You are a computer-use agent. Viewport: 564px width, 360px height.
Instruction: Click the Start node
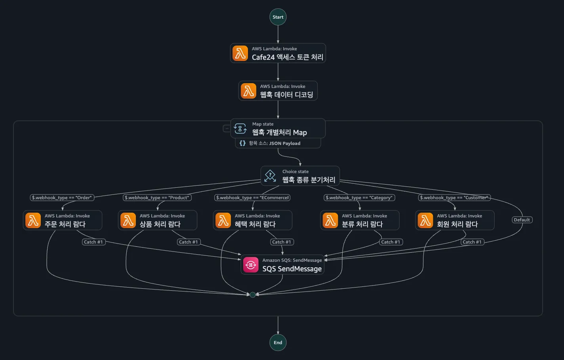(x=278, y=17)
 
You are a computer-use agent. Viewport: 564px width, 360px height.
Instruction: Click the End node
(x=278, y=343)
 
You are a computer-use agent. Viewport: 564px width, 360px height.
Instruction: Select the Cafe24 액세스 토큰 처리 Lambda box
(x=278, y=53)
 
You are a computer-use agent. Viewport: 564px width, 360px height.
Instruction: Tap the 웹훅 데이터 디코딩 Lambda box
(x=278, y=91)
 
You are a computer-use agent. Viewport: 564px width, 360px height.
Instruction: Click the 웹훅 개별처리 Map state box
(x=278, y=128)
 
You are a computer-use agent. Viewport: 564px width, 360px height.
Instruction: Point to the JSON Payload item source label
(x=278, y=143)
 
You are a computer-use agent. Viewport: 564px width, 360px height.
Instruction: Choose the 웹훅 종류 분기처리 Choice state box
(x=300, y=176)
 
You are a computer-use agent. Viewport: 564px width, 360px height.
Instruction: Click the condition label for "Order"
(x=62, y=198)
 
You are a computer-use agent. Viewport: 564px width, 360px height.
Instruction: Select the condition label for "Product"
(x=157, y=198)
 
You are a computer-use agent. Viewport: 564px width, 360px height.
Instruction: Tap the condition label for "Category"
(x=359, y=198)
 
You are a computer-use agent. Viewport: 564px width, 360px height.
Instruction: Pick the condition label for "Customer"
(x=454, y=198)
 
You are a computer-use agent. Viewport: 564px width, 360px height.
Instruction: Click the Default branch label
(x=522, y=220)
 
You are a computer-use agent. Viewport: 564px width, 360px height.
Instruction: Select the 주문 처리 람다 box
(x=63, y=220)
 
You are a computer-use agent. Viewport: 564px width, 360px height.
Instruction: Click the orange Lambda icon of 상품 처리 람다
(x=128, y=220)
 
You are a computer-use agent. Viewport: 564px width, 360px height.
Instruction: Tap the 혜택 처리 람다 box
(x=253, y=220)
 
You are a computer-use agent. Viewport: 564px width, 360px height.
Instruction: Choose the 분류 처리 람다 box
(x=360, y=220)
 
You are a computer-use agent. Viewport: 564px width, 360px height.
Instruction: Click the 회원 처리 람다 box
(x=455, y=220)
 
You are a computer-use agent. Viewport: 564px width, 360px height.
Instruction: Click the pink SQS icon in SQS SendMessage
(x=251, y=265)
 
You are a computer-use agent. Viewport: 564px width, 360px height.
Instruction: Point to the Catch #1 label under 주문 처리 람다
(x=93, y=242)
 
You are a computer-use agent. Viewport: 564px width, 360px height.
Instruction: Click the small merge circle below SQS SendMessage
(x=253, y=295)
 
